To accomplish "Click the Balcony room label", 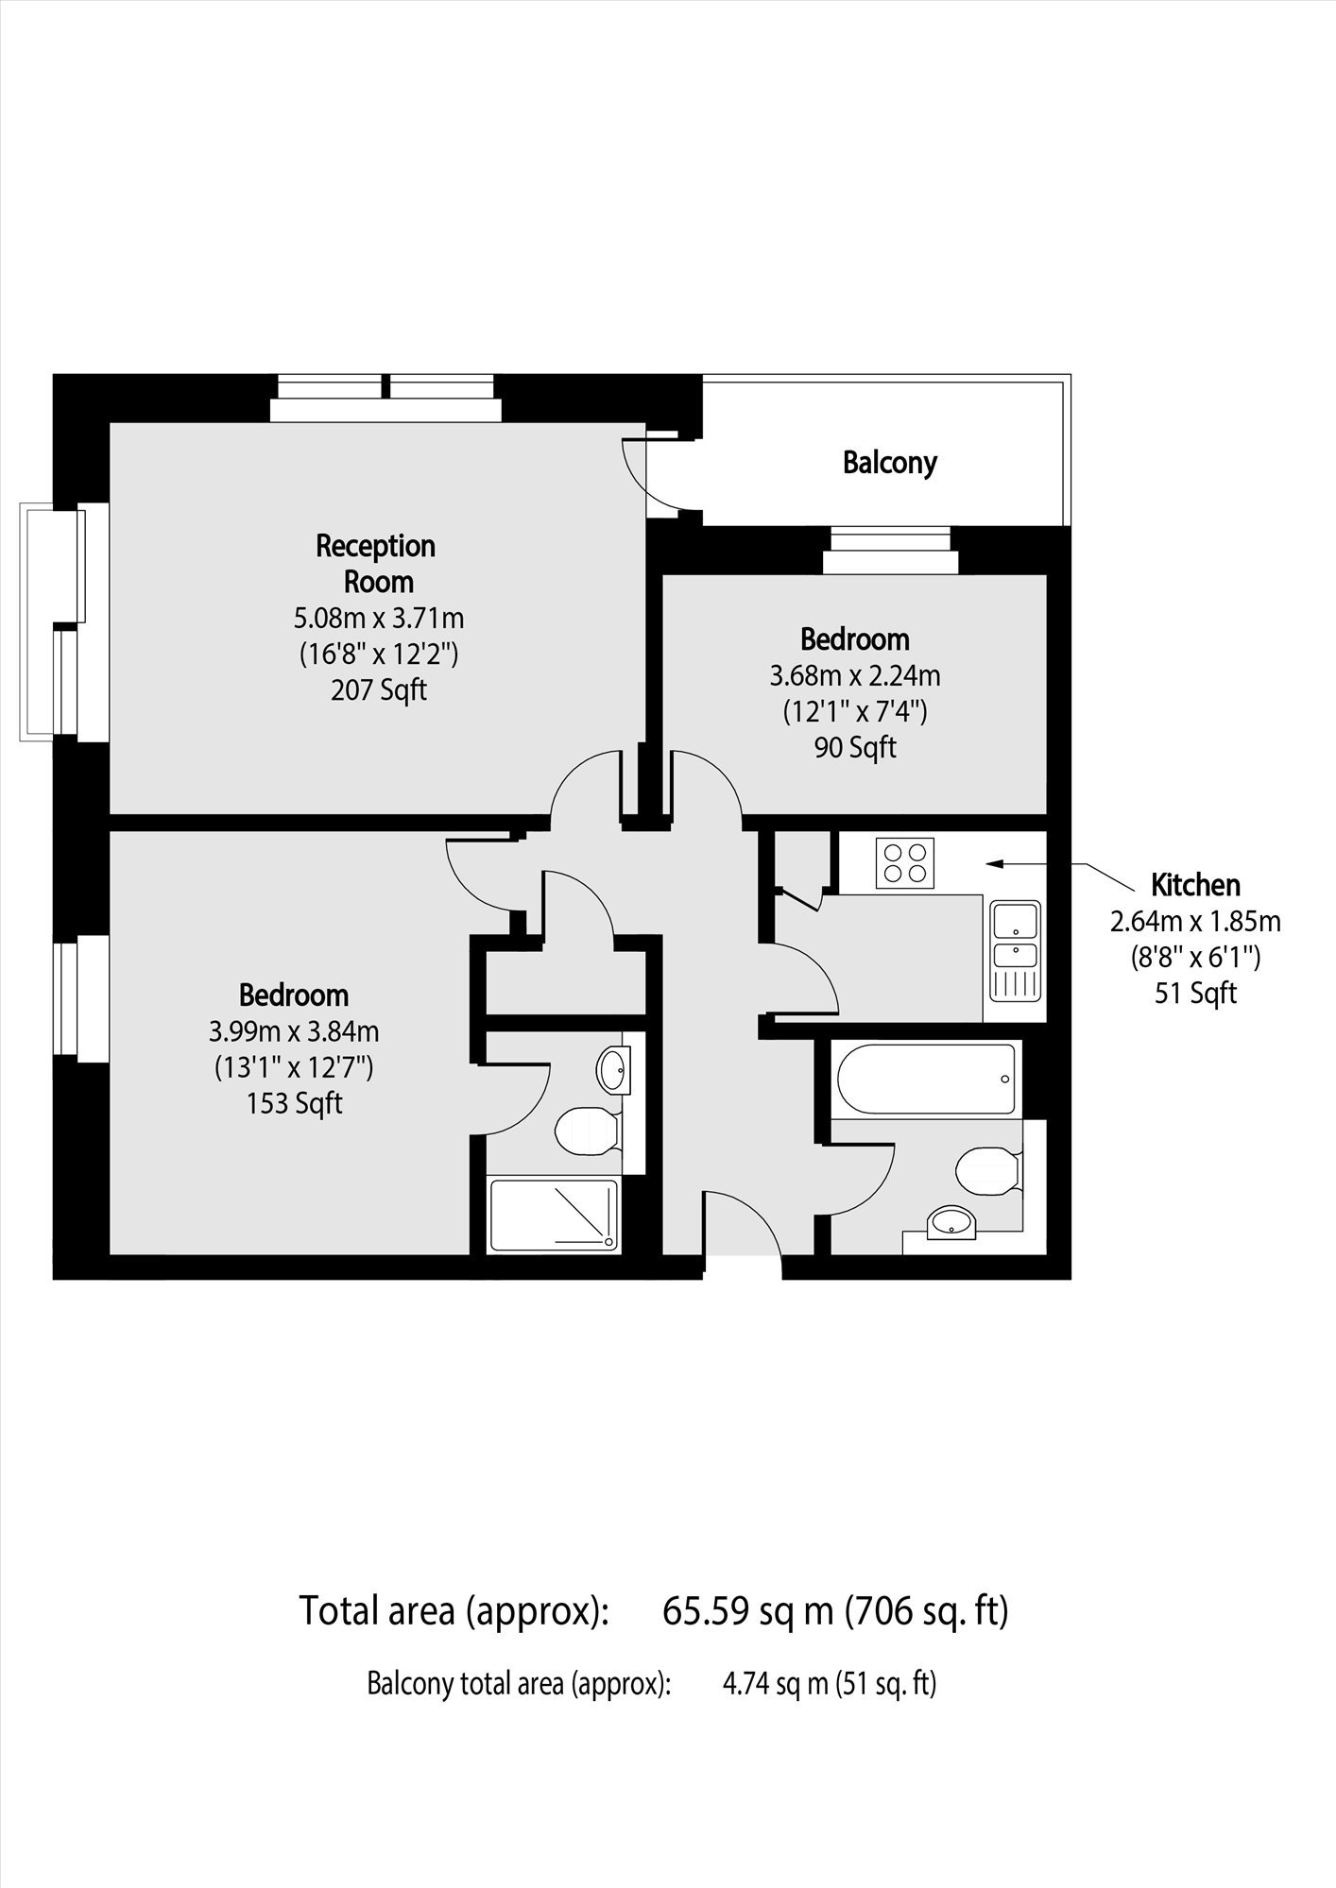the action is click(889, 463).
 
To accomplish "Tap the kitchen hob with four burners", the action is click(905, 862).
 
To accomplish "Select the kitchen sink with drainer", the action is click(1015, 950).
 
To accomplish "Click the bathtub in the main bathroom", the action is click(926, 1078).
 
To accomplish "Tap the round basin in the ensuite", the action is click(613, 1070).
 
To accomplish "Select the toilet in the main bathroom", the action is click(988, 1172).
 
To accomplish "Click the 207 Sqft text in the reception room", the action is click(379, 690).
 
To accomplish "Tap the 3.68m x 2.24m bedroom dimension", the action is click(855, 675).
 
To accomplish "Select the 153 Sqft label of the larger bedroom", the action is click(294, 1103).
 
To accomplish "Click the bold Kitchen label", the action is click(1195, 885).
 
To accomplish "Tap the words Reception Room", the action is click(376, 563).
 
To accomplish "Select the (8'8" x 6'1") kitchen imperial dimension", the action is click(1195, 958).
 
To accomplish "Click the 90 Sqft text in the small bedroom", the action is click(855, 748).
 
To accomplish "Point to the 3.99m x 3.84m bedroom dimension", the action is click(294, 1030).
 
